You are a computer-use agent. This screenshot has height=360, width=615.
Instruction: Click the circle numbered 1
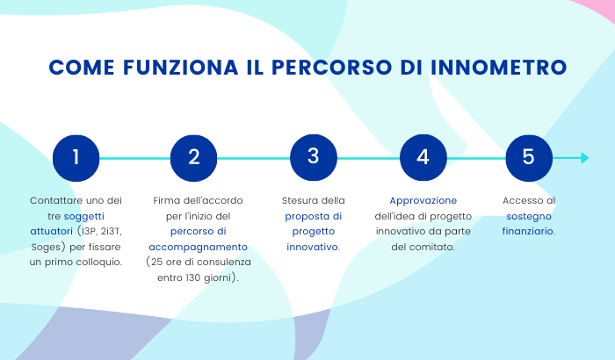(76, 158)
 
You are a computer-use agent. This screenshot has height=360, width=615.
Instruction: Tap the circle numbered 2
(194, 158)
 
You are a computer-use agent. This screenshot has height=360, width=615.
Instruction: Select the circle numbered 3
(314, 158)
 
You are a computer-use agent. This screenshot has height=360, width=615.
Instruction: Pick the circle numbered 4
(423, 158)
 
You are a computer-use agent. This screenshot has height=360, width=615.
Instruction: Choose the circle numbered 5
(529, 158)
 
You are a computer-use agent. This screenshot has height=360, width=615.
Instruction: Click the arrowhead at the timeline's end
(585, 158)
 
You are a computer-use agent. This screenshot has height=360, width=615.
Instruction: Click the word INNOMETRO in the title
(498, 67)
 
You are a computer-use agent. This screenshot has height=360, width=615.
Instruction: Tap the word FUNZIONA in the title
(181, 67)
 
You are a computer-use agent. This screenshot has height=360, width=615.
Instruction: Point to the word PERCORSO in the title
(332, 67)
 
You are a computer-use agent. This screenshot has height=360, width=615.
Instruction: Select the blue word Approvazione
(423, 200)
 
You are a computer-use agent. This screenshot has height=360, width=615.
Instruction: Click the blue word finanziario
(528, 231)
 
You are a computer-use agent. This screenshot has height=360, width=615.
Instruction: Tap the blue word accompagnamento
(198, 247)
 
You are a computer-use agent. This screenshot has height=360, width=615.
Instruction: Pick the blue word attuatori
(51, 232)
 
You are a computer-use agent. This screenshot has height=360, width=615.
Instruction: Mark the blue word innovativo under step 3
(312, 247)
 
